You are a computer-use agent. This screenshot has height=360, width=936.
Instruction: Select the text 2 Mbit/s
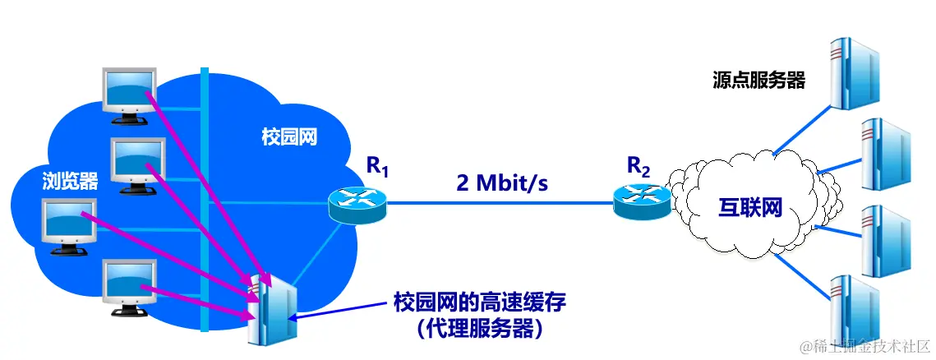[502, 182]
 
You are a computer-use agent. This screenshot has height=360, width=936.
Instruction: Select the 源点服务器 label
[758, 81]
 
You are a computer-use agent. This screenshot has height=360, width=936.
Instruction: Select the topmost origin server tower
[851, 74]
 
